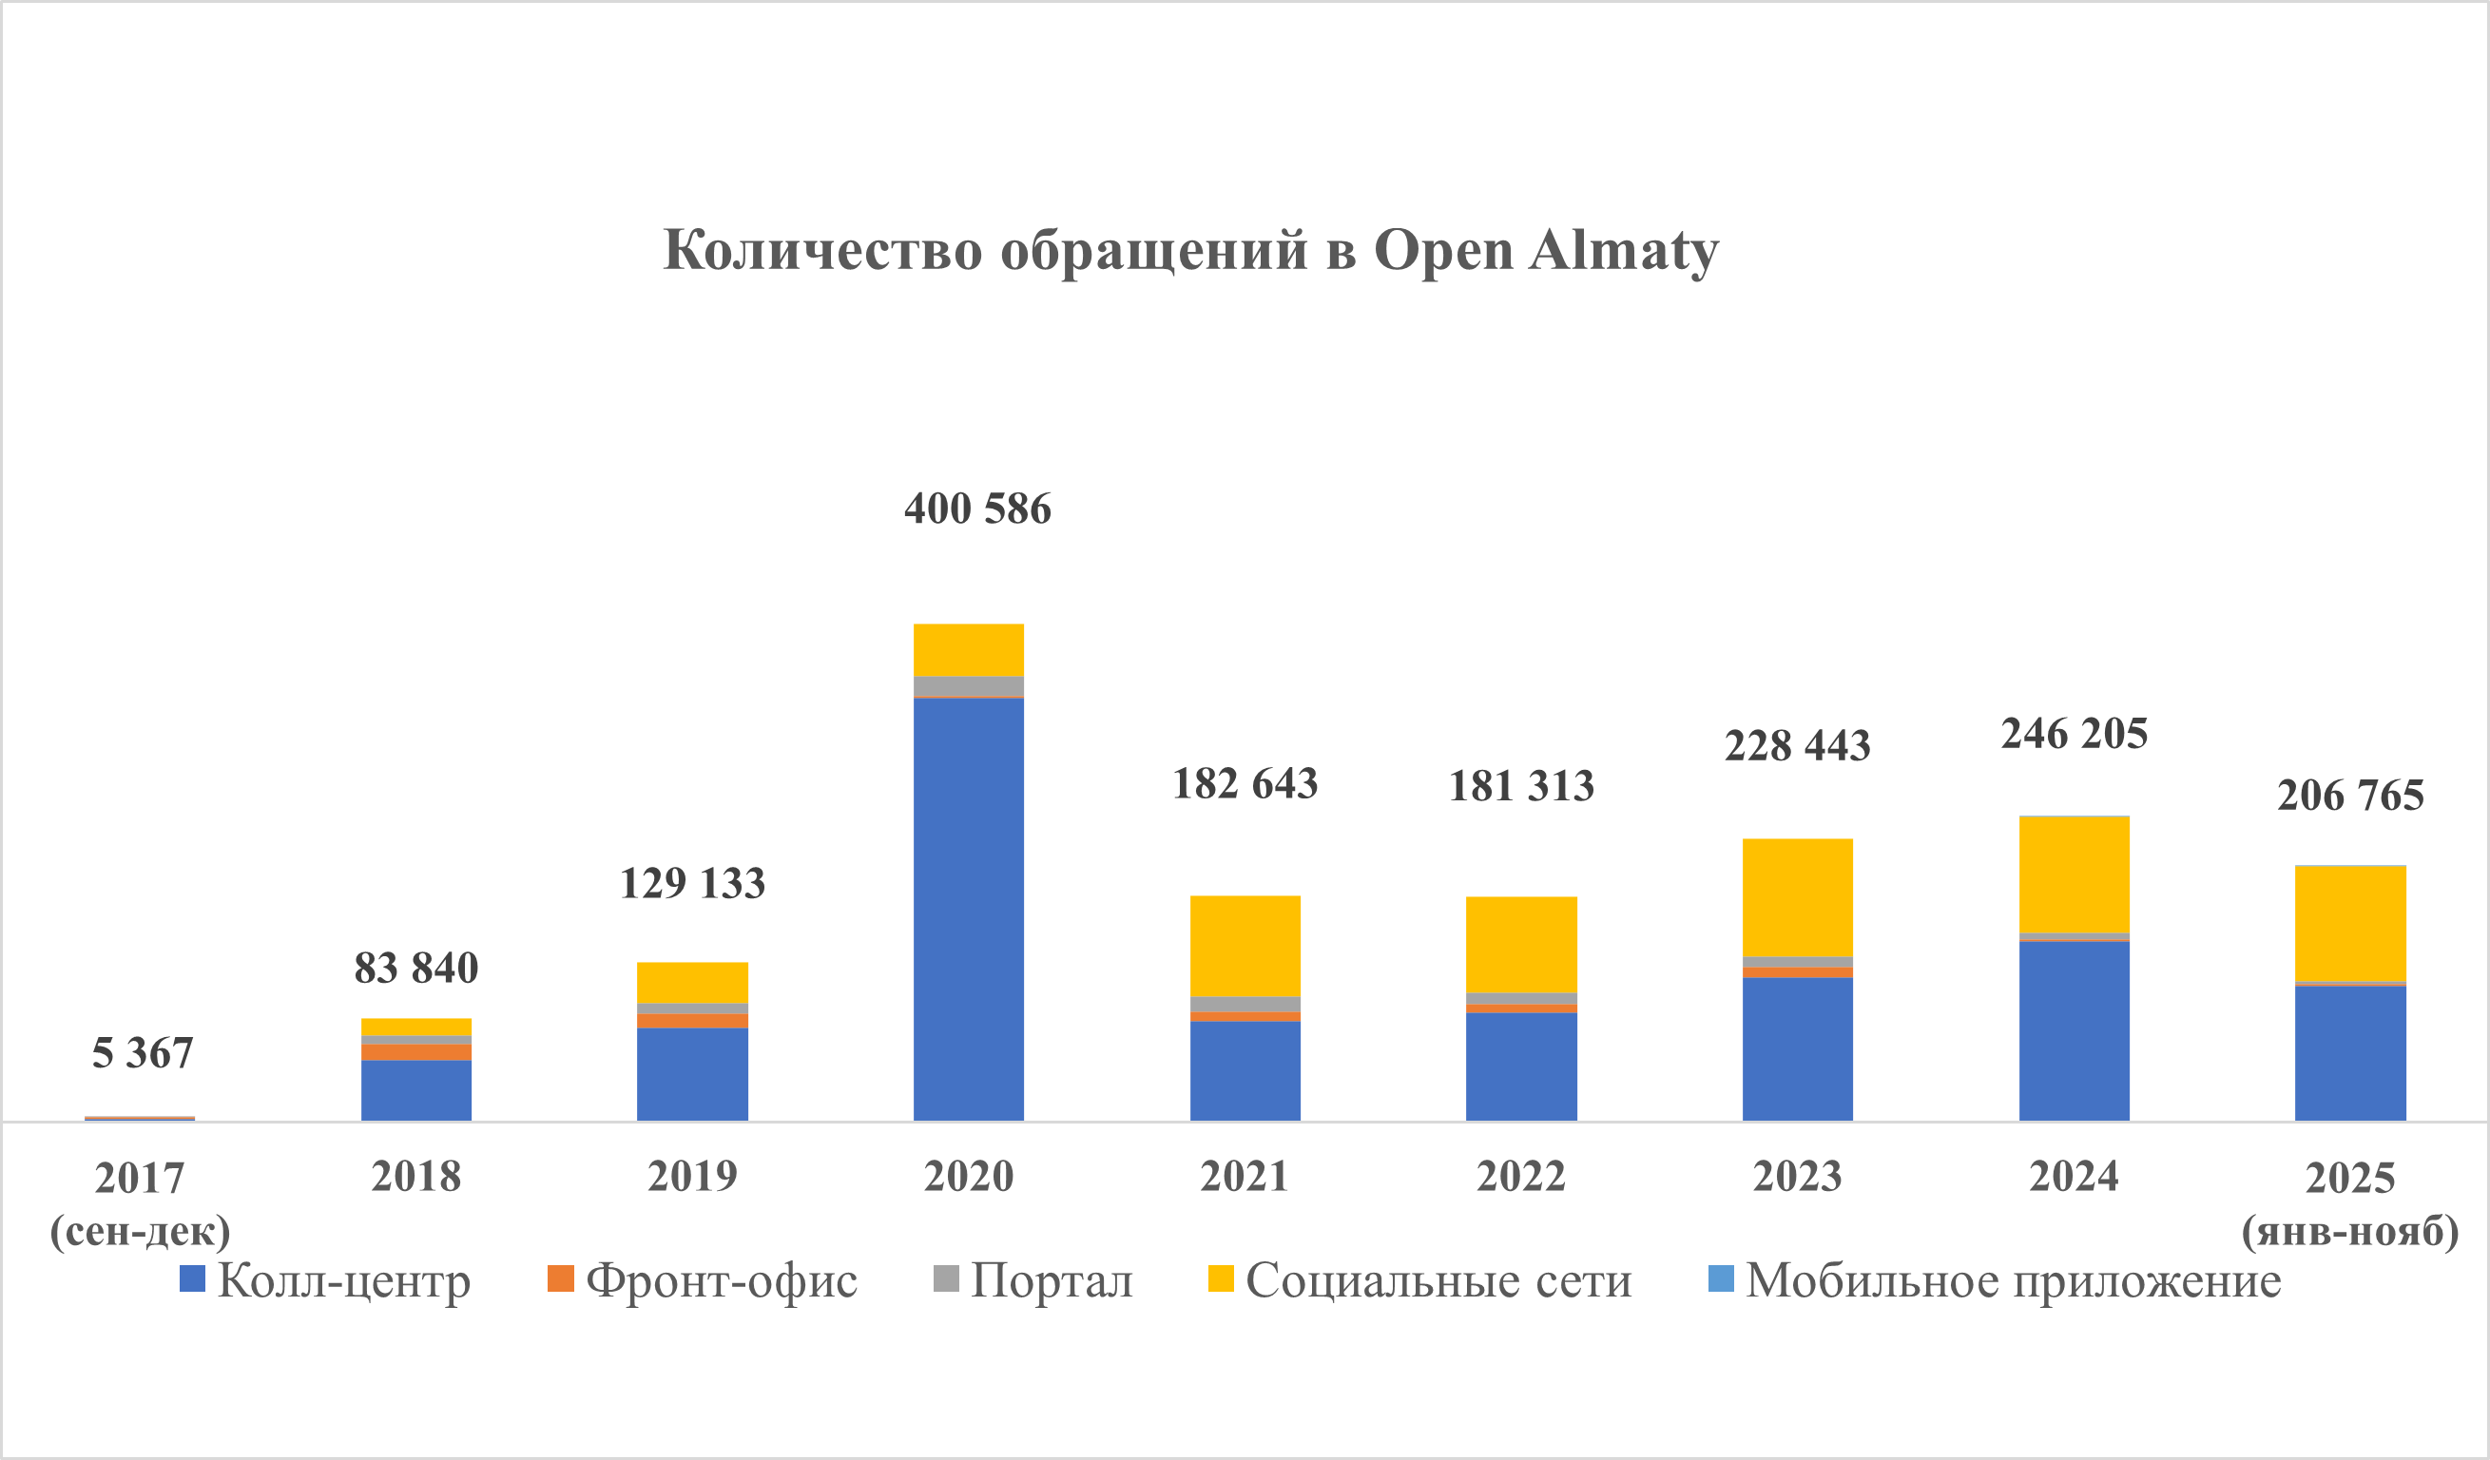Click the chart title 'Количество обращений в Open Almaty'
coord(1190,250)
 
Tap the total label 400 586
coord(977,509)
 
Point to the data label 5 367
coord(143,1053)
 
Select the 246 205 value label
coord(2074,734)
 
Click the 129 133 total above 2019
coord(692,883)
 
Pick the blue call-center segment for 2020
coord(968,909)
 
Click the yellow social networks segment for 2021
coord(1245,947)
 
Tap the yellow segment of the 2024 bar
coord(2074,874)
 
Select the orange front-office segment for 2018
coord(416,1052)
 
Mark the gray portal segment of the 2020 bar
coord(968,686)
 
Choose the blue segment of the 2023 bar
coord(1797,1049)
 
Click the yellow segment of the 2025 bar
coord(2349,924)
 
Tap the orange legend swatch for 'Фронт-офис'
coord(560,1279)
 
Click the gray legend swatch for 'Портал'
coord(946,1279)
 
